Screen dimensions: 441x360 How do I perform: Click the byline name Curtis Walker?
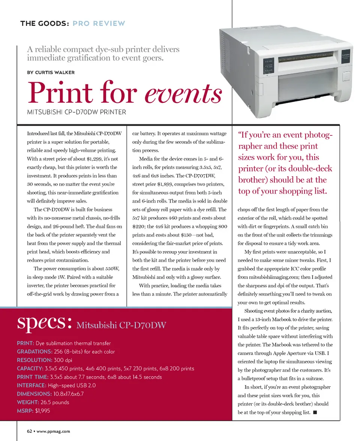click(55, 72)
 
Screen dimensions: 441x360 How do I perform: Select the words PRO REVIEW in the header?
click(99, 24)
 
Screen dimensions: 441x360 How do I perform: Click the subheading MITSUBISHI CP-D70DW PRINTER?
click(76, 112)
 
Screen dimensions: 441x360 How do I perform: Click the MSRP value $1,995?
click(42, 411)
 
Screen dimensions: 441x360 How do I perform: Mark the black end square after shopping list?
click(315, 412)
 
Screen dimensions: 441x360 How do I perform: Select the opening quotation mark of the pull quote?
click(240, 135)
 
